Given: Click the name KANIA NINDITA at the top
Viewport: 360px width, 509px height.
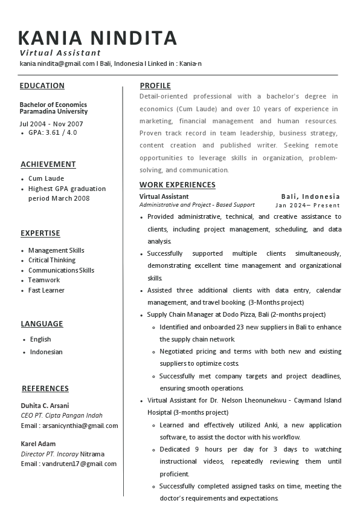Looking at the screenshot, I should coord(98,38).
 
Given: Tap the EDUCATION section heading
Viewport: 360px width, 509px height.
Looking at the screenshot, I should coord(42,86).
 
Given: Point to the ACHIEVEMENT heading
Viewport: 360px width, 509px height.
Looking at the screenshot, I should coord(48,164).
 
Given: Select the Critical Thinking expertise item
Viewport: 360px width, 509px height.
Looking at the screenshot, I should coord(52,260).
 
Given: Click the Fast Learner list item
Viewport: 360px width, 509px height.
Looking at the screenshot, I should coord(47,290).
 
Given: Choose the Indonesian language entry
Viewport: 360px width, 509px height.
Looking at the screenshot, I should coord(47,352).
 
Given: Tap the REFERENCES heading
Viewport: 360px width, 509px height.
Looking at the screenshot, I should coord(45,389).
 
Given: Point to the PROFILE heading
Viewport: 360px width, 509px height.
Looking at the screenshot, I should coord(155,86).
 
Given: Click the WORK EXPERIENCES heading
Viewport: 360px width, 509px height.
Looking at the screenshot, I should coord(178,185).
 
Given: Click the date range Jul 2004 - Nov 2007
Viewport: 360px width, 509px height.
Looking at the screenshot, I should coord(51,124).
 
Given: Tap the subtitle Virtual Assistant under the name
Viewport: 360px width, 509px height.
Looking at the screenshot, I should coord(60,53).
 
